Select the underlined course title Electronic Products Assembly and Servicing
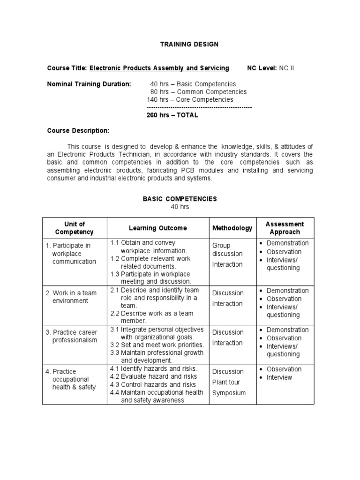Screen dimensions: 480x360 coord(159,68)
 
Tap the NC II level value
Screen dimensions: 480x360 coord(286,68)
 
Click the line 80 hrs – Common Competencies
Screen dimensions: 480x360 coord(198,92)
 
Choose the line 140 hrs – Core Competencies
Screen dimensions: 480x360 coord(190,99)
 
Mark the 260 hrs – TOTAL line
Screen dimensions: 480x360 coord(172,115)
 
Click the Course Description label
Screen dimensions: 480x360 coord(78,130)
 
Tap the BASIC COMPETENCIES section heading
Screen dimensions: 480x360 coord(180,199)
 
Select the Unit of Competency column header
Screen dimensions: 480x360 coord(75,228)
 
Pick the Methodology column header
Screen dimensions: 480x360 coord(232,228)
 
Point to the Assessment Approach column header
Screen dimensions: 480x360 coord(285,228)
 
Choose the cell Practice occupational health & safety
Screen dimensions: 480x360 coord(74,379)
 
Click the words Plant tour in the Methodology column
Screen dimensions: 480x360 coord(226,382)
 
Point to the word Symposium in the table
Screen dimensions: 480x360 coord(229,393)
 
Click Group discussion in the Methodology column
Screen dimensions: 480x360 coord(227,249)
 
